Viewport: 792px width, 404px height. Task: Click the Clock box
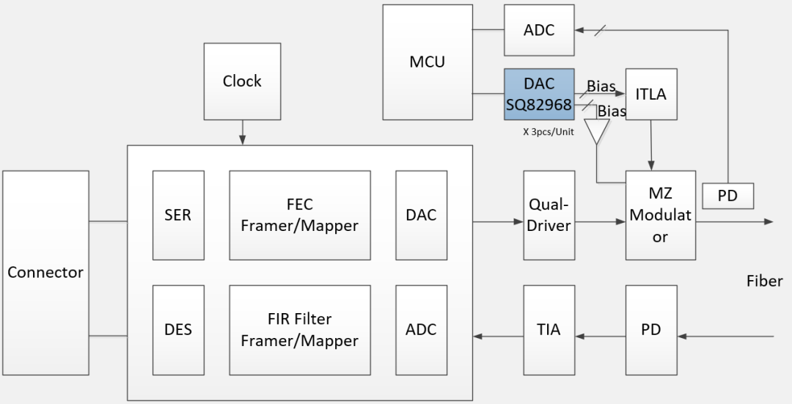coord(242,81)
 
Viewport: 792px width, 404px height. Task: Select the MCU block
coord(428,62)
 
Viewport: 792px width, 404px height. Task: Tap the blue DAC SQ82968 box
coord(538,95)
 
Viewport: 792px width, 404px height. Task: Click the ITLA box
coord(651,94)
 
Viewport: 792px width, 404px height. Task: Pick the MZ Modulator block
coord(660,216)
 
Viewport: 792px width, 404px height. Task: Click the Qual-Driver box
coord(549,216)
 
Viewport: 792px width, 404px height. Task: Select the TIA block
coord(549,329)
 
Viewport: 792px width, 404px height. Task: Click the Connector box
coord(45,272)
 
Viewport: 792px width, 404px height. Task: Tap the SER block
coord(178,216)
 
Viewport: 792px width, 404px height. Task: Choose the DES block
coord(178,329)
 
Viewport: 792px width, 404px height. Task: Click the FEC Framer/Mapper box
coord(299,216)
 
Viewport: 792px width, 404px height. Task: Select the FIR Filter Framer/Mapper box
coord(299,329)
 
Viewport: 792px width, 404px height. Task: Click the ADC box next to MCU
coord(539,30)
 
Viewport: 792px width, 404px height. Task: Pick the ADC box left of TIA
coord(421,329)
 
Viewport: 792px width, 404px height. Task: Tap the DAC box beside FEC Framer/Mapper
coord(421,216)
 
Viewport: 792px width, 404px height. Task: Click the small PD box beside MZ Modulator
coord(727,196)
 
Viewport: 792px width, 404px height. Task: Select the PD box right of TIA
coord(651,329)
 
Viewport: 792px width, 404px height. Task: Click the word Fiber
coord(764,281)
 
